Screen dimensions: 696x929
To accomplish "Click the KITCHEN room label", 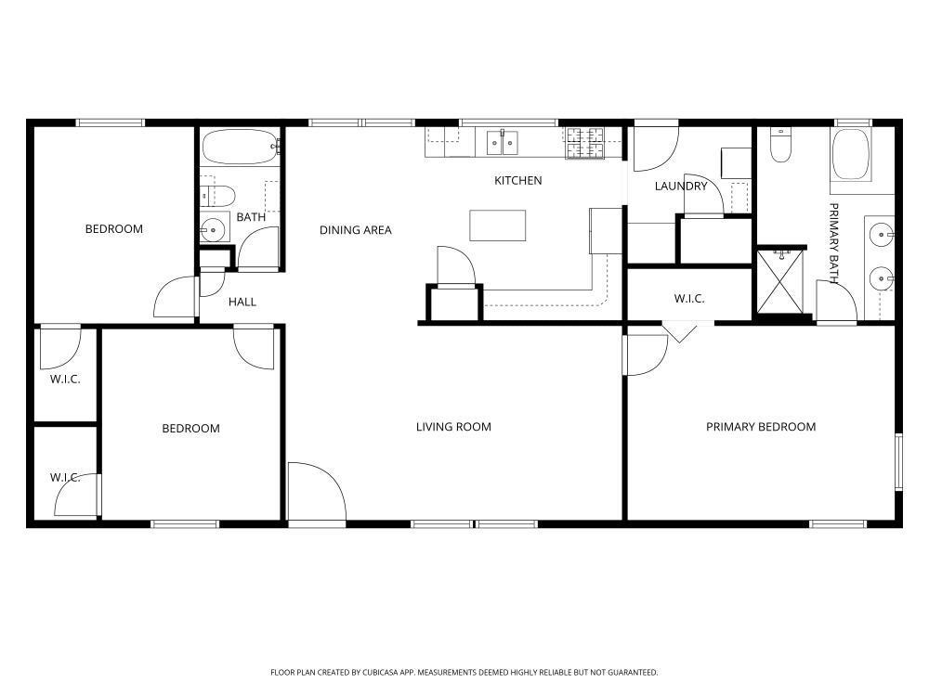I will coord(517,180).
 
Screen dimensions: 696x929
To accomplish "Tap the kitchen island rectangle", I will coord(497,226).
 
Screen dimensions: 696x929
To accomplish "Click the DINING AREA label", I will coord(356,230).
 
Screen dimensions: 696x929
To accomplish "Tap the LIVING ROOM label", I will coord(453,427).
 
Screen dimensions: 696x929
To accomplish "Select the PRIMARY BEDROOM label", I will coord(761,427).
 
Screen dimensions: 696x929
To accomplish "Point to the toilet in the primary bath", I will coord(780,146).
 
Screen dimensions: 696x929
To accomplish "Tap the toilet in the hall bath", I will coord(217,196).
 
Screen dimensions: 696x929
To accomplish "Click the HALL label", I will coord(242,302).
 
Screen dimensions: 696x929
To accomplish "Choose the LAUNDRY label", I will coord(681,186).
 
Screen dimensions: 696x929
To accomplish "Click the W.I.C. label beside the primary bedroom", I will coord(688,299).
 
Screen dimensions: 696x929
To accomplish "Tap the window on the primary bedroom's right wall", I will coord(898,460).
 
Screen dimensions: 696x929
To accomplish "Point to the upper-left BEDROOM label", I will coord(114,229).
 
